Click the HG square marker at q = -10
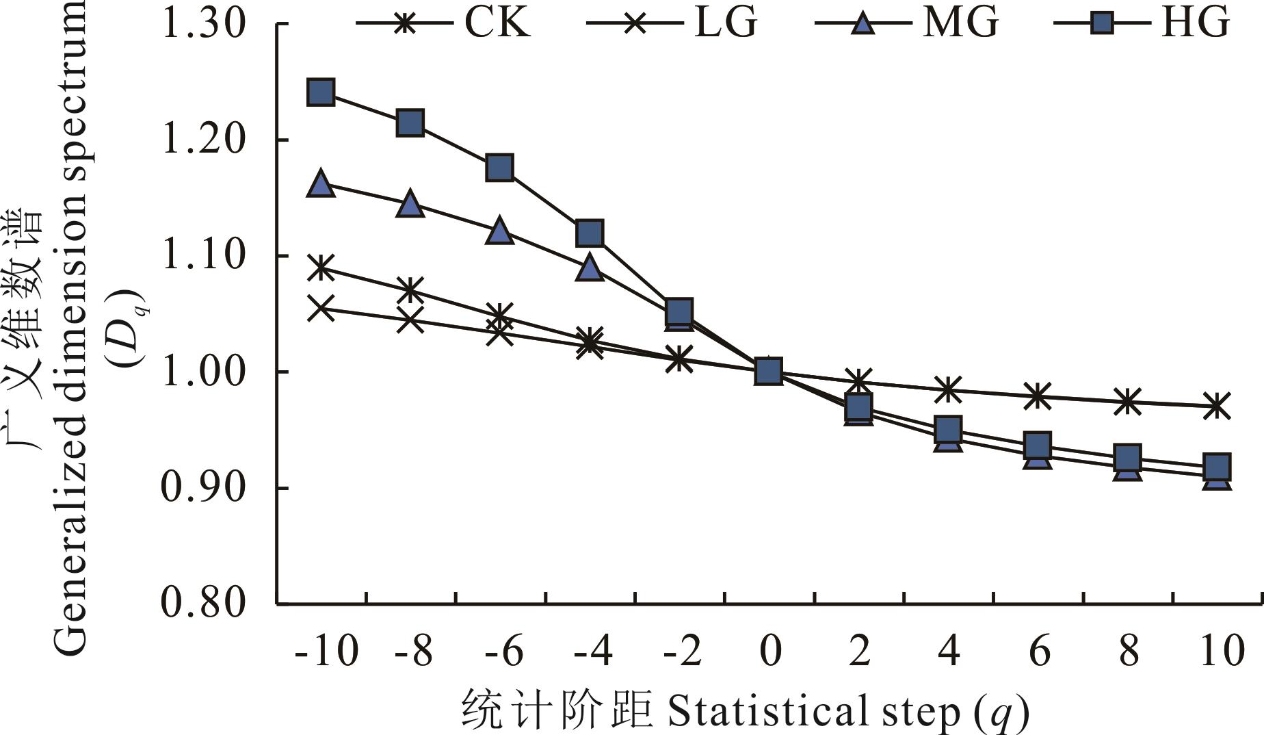321,92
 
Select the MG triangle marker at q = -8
410,204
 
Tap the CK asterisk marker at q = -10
321,267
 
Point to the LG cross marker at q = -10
321,308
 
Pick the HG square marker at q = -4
590,233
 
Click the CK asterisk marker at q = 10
1217,405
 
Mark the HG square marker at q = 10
1217,466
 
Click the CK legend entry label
497,23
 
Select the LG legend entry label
726,23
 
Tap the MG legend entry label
961,23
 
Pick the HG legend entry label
1196,23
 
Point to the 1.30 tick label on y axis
203,24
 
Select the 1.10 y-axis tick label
203,255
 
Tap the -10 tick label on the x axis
326,650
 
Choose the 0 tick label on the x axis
770,650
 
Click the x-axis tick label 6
1039,650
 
